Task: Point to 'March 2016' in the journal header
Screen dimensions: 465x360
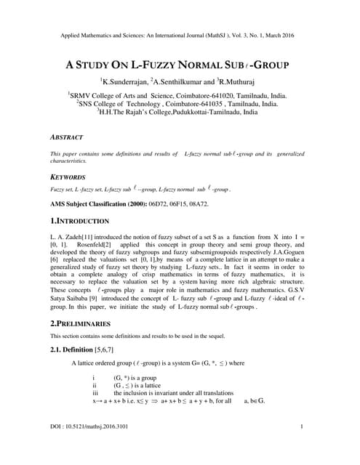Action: tap(284, 33)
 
